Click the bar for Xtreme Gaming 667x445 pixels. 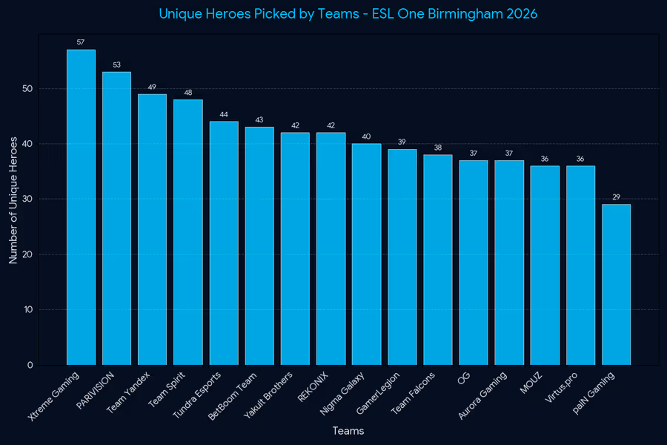point(81,208)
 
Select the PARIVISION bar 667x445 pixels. point(116,219)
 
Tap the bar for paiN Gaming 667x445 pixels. point(616,285)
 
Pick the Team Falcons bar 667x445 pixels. point(437,260)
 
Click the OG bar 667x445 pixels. point(473,263)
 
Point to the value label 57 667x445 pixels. point(81,42)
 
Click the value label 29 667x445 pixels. point(616,197)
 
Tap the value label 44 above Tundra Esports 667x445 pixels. point(224,114)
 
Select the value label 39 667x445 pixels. point(402,142)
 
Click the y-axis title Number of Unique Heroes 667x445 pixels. point(13,200)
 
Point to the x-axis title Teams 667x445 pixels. point(348,431)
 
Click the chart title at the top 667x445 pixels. point(348,14)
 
